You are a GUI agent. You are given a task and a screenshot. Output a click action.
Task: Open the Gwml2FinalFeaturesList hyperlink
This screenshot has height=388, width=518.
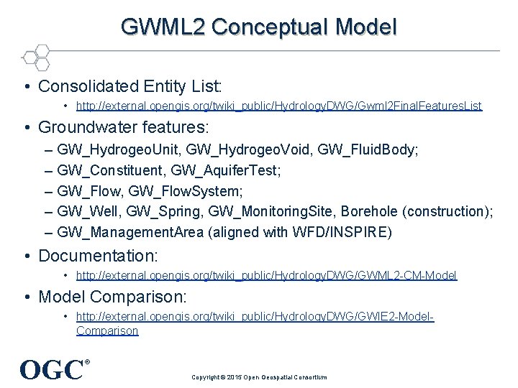pos(279,106)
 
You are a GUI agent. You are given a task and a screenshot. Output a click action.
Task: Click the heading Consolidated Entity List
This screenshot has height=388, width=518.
pos(130,86)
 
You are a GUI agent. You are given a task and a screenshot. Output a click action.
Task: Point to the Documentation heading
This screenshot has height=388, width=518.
pos(99,256)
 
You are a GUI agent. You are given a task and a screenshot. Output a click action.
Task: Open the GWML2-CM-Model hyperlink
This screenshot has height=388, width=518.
pos(266,275)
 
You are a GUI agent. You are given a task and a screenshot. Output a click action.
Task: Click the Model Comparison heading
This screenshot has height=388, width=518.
pos(112,296)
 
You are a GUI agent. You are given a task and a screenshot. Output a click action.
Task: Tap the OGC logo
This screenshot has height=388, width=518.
pos(53,370)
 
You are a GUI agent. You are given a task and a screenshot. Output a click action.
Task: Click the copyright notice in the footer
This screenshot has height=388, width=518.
pos(259,377)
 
